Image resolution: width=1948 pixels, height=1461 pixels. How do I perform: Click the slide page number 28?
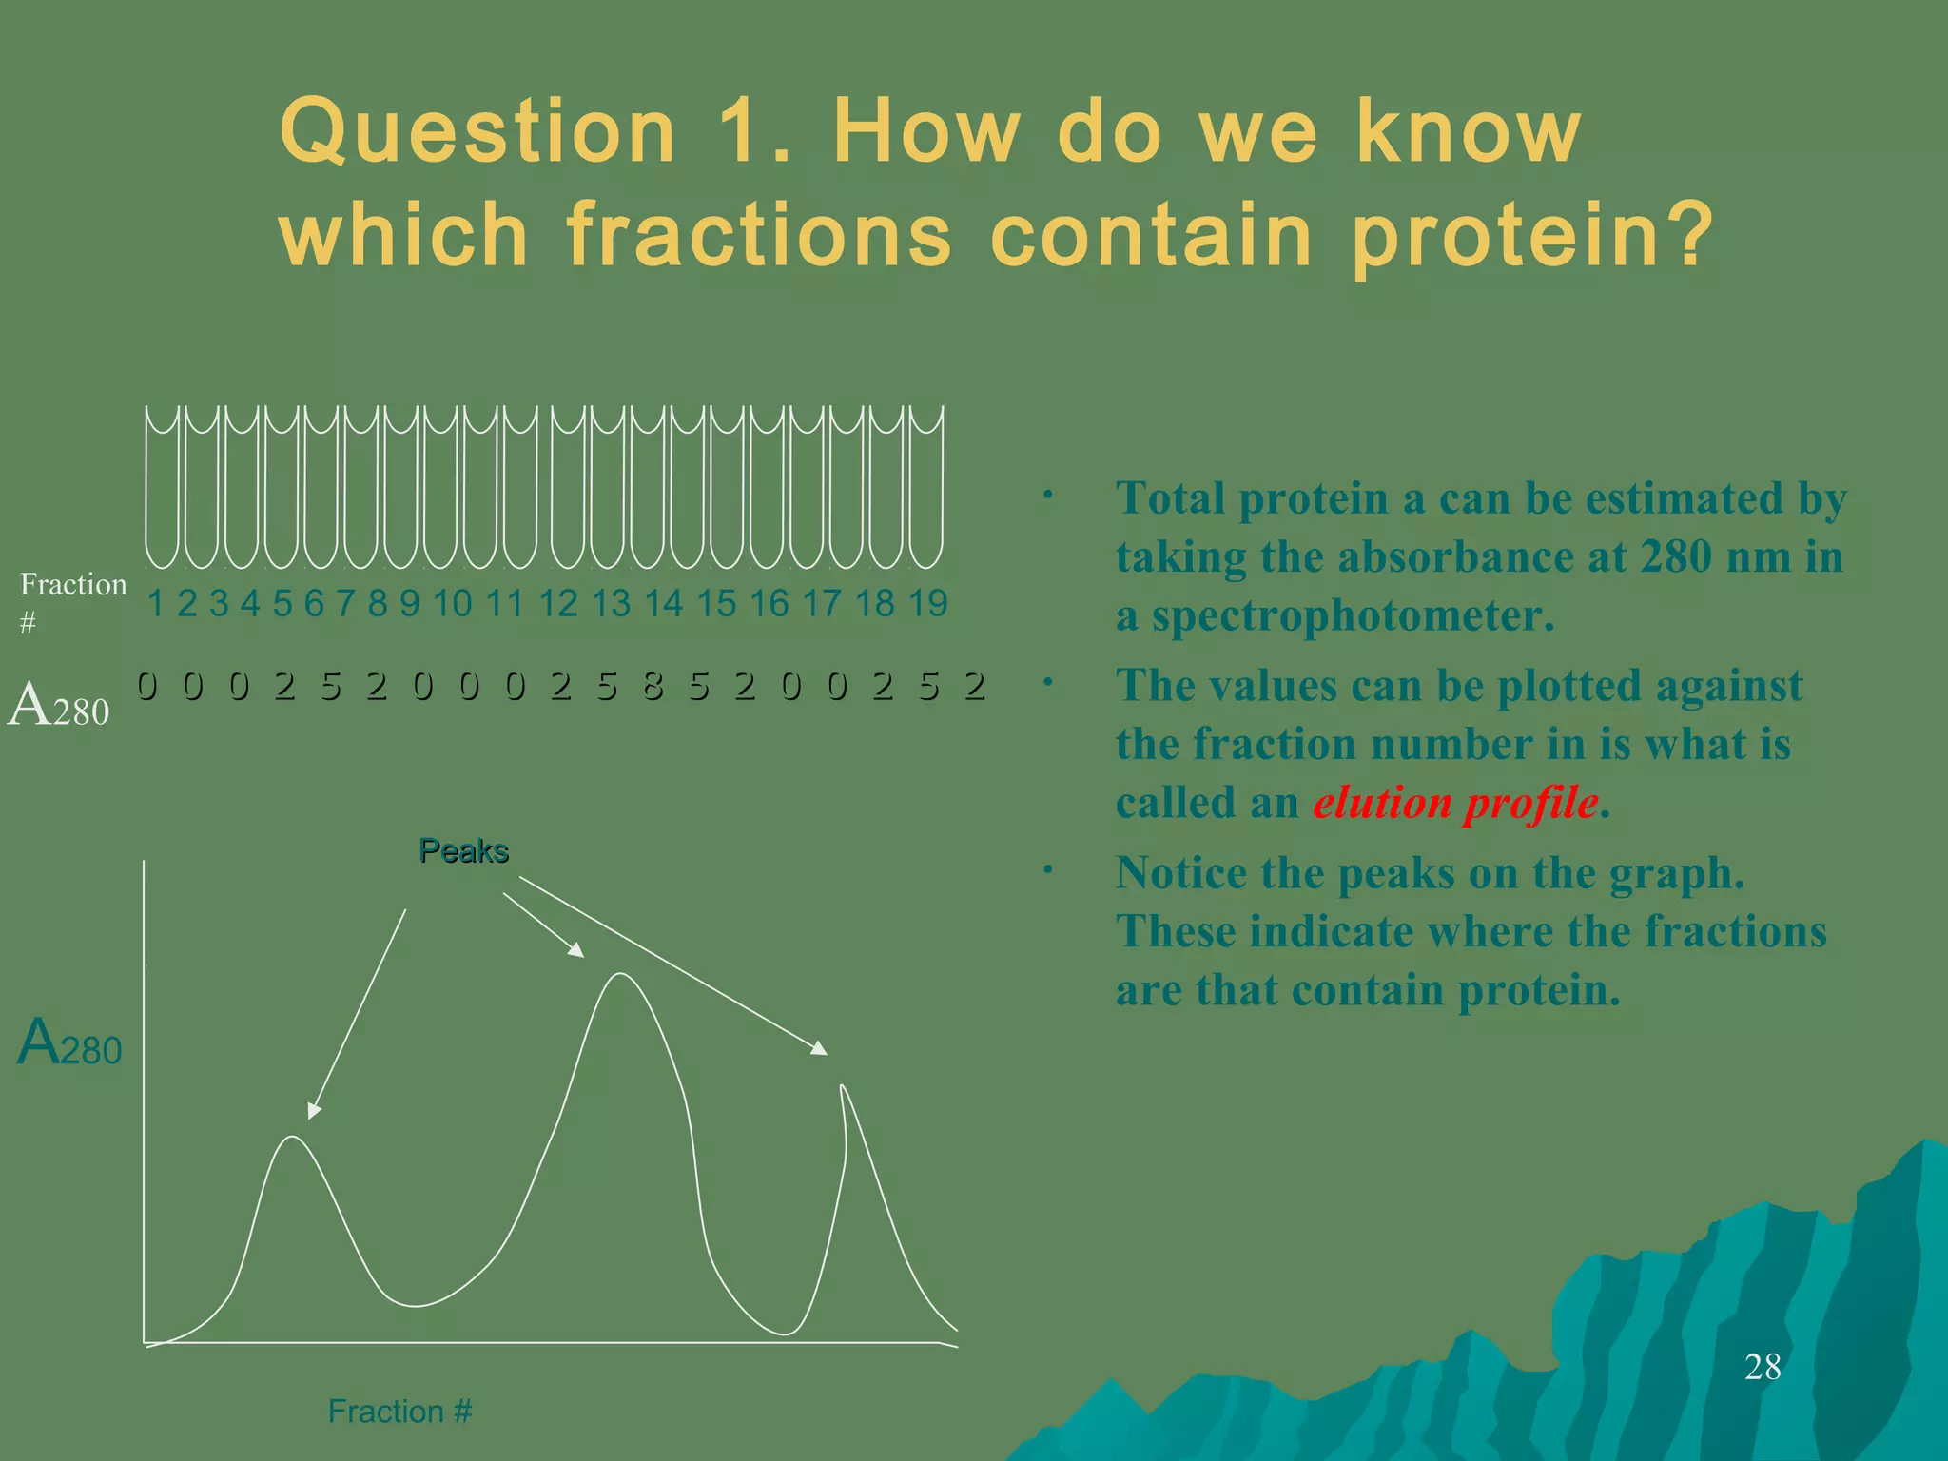pyautogui.click(x=1762, y=1367)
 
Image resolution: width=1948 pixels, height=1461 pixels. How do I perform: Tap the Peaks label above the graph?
pyautogui.click(x=463, y=850)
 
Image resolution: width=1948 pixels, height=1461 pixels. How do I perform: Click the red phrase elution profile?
pyautogui.click(x=1455, y=803)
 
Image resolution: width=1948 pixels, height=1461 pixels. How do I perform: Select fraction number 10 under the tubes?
pyautogui.click(x=452, y=603)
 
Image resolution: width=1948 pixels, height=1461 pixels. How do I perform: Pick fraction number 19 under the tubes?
pyautogui.click(x=927, y=603)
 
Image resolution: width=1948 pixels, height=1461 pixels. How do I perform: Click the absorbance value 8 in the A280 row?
pyautogui.click(x=653, y=686)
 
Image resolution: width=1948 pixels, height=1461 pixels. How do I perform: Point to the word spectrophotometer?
pyautogui.click(x=1353, y=615)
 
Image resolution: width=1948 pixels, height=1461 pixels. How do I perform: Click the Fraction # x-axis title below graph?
pyautogui.click(x=399, y=1411)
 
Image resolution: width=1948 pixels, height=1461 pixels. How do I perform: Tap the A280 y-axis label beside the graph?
pyautogui.click(x=69, y=1042)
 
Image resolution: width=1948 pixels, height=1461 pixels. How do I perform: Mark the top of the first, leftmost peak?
pyautogui.click(x=293, y=1138)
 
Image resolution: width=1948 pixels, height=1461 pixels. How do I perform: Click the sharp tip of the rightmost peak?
pyautogui.click(x=842, y=1086)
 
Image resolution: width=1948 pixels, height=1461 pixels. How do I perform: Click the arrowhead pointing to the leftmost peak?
pyautogui.click(x=314, y=1111)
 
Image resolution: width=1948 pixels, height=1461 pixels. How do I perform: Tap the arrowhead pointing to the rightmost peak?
pyautogui.click(x=820, y=1048)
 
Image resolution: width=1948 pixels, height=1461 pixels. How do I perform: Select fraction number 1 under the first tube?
pyautogui.click(x=156, y=603)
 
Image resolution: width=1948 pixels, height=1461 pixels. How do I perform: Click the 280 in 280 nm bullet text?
pyautogui.click(x=1676, y=557)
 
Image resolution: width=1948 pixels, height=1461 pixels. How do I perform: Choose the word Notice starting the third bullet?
pyautogui.click(x=1179, y=873)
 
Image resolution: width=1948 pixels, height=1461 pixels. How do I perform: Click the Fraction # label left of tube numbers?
pyautogui.click(x=72, y=599)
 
